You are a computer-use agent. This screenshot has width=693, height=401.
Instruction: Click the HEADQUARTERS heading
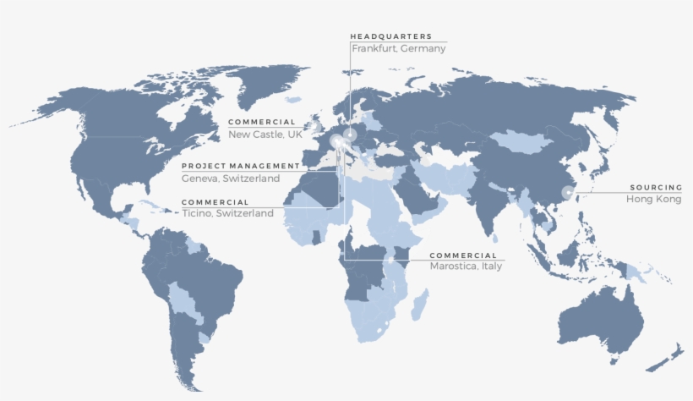pos(390,36)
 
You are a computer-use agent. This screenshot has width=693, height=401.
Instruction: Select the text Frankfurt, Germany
pos(398,49)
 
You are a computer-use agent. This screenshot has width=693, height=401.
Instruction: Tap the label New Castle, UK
pos(265,135)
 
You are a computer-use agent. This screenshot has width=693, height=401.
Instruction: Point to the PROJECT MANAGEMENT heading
pos(240,166)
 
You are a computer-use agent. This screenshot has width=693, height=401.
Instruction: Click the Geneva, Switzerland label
pos(231,179)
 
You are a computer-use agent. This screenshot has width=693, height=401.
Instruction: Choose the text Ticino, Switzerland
pos(227,214)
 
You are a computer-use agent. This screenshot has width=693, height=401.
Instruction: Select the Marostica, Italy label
pos(466,266)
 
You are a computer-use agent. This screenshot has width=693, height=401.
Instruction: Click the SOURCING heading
pos(655,187)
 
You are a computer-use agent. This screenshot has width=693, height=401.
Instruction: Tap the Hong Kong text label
pos(653,199)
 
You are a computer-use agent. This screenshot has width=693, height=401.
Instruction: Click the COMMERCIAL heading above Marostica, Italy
pos(463,255)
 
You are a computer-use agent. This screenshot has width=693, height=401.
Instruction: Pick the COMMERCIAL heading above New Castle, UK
pos(262,123)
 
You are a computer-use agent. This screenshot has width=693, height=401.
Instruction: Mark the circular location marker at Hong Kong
pos(566,192)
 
